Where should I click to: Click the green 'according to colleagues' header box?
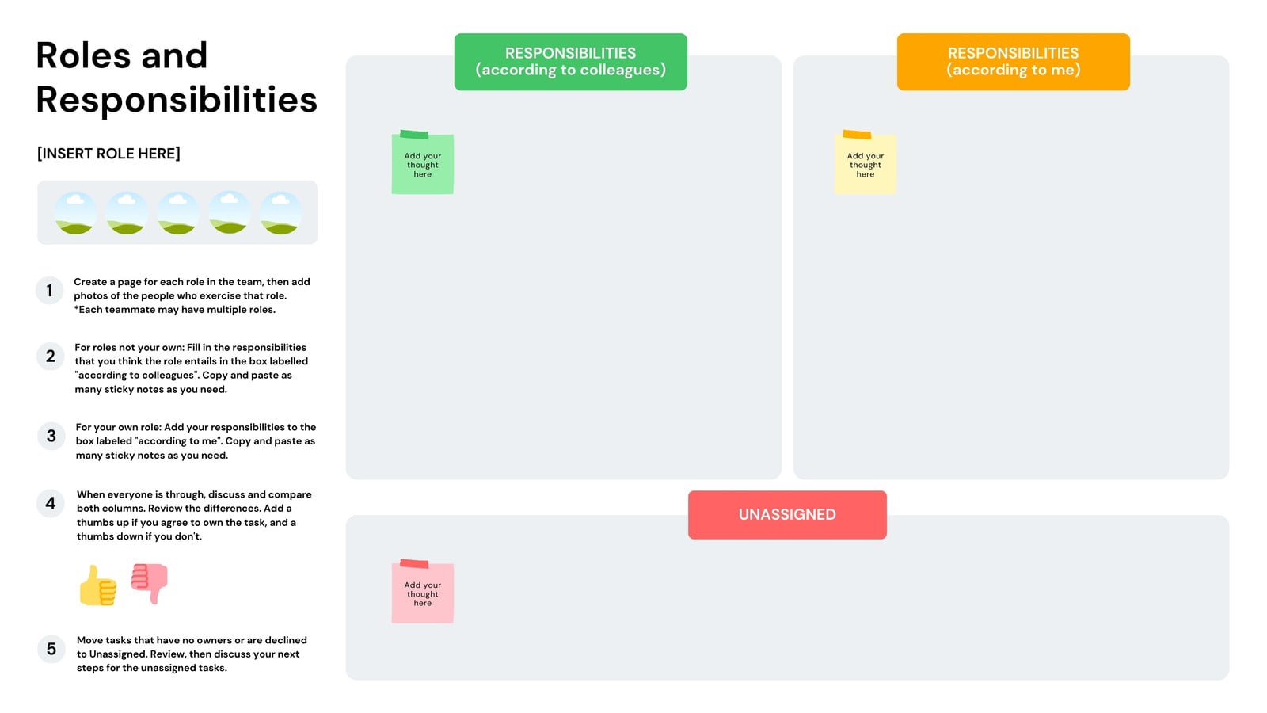click(570, 62)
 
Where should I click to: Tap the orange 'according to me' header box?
click(1013, 62)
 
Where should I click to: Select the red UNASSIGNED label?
click(787, 514)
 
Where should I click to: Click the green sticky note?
click(423, 163)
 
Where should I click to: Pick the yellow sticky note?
click(866, 163)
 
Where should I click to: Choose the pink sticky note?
click(423, 592)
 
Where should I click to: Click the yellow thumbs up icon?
click(98, 585)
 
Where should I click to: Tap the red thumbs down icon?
click(150, 583)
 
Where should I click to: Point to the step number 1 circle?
click(50, 290)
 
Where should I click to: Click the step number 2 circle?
click(51, 356)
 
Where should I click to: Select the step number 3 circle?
click(51, 436)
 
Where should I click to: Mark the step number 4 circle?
click(51, 503)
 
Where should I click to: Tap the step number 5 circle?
click(51, 649)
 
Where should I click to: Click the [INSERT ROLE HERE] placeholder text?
click(108, 154)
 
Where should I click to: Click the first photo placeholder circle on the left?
click(75, 213)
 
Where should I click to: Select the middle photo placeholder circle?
click(178, 213)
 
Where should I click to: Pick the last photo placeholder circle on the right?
click(281, 213)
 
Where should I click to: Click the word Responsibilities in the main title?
click(177, 100)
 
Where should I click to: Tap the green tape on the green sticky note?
click(414, 134)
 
